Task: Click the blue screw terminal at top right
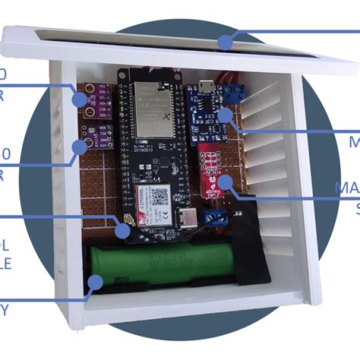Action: tap(236, 93)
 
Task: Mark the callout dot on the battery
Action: tap(96, 282)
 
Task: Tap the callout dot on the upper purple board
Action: tap(78, 98)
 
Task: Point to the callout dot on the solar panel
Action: tap(226, 41)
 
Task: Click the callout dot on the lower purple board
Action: tap(80, 146)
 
